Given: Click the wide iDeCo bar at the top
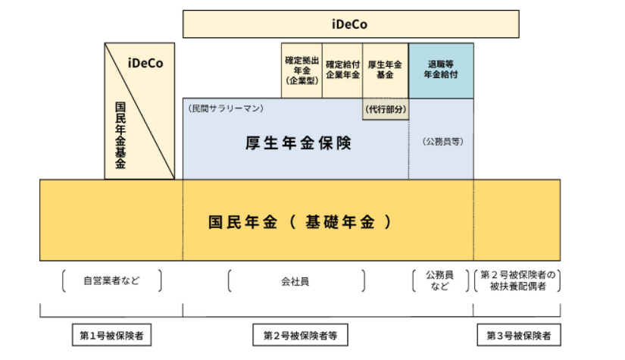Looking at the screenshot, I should (350, 24).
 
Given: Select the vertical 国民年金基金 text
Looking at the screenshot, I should (120, 135).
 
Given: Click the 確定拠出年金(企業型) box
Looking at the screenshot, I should (302, 70).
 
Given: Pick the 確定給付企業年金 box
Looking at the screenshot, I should (342, 70).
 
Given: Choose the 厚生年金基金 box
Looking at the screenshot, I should (384, 70).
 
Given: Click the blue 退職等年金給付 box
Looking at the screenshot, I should (441, 70).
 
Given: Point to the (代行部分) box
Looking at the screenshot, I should (386, 109).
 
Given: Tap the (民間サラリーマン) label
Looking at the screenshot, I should (226, 108).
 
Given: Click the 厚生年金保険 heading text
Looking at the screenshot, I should (298, 142).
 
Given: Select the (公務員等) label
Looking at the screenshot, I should (442, 142).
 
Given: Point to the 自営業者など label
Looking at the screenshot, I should (111, 281).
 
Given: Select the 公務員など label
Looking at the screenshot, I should (440, 280).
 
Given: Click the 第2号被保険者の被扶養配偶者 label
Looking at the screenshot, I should (517, 280).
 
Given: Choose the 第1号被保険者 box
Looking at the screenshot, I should (111, 334).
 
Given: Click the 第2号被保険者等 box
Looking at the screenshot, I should (301, 334).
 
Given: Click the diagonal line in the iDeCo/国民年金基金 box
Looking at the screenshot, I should (140, 114).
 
